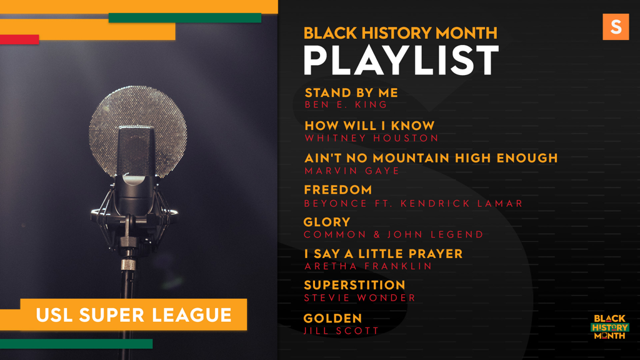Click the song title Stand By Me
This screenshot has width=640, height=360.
click(x=351, y=92)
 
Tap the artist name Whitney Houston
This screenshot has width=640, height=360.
click(x=371, y=138)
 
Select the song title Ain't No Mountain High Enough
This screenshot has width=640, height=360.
click(x=431, y=158)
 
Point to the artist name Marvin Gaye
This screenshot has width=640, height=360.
click(x=352, y=171)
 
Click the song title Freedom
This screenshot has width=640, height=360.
click(x=338, y=190)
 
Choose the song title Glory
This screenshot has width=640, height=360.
click(x=327, y=222)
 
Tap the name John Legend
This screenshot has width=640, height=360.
click(x=435, y=235)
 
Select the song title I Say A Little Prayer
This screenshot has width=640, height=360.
click(x=383, y=254)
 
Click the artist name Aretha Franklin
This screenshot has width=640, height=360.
click(x=368, y=266)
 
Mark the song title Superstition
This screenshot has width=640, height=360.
click(x=354, y=285)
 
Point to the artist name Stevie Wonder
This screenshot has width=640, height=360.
click(x=359, y=298)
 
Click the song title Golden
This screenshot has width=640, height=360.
click(x=332, y=318)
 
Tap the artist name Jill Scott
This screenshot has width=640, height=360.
click(x=341, y=331)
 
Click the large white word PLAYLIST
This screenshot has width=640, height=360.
click(x=401, y=60)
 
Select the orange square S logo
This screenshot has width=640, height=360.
click(x=616, y=27)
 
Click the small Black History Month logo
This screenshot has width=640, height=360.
click(x=610, y=327)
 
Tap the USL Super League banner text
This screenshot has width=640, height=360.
click(x=134, y=315)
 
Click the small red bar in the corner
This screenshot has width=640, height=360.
click(x=19, y=39)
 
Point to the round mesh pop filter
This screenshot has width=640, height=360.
click(x=138, y=131)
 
